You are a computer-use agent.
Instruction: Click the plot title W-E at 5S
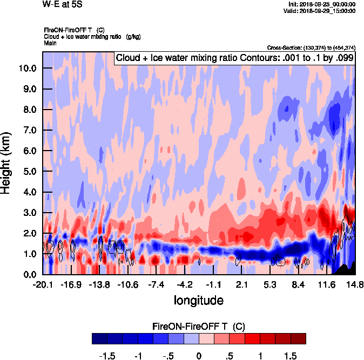(60, 4)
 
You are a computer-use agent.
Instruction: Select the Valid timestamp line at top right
(321, 10)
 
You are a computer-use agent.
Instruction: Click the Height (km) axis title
(6, 162)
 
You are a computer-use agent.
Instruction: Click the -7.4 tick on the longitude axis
(156, 284)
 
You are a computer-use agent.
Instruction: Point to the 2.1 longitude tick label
(242, 284)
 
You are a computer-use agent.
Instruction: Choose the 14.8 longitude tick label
(355, 284)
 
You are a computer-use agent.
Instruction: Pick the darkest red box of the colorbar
(298, 338)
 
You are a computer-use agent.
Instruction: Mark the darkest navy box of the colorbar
(99, 338)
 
